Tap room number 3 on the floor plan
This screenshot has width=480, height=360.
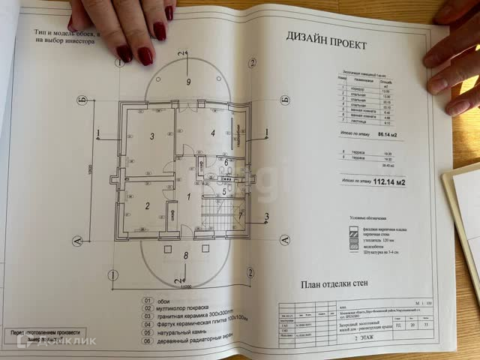[152, 136]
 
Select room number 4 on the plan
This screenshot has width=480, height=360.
[212, 133]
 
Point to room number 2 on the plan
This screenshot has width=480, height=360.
[148, 205]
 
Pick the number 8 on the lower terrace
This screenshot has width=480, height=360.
[186, 256]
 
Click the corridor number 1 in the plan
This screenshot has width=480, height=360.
[189, 196]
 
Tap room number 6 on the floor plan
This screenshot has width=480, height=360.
[226, 161]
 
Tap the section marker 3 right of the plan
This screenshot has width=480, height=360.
[267, 219]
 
